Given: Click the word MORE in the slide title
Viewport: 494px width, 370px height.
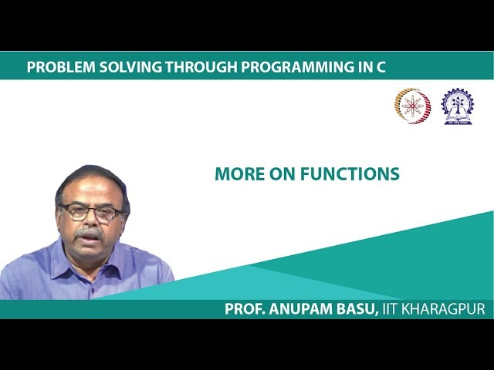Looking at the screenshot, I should pyautogui.click(x=236, y=174).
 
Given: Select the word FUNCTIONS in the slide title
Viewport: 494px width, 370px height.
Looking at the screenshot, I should pyautogui.click(x=347, y=174).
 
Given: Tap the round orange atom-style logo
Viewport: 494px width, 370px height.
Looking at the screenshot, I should pyautogui.click(x=412, y=106).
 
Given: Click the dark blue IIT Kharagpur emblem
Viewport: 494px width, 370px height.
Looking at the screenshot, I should pyautogui.click(x=457, y=106).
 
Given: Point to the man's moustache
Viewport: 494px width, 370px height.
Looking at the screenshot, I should pyautogui.click(x=91, y=232).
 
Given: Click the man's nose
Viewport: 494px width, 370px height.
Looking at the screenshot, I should pyautogui.click(x=92, y=220).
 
